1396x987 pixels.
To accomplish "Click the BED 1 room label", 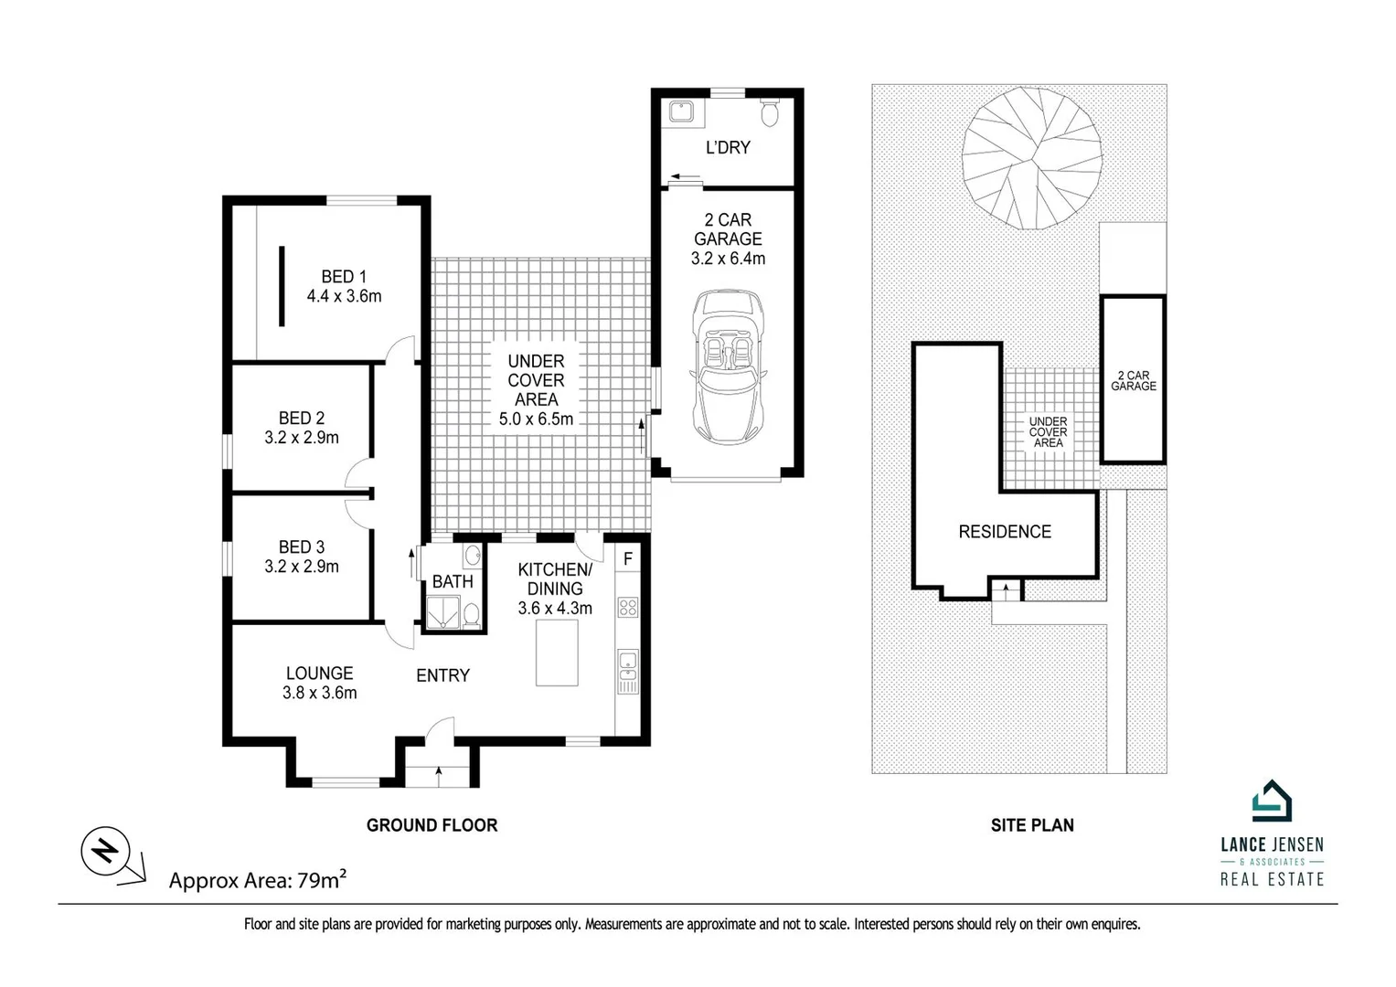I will pyautogui.click(x=343, y=276).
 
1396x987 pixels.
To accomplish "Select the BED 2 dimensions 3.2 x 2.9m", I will pyautogui.click(x=302, y=438).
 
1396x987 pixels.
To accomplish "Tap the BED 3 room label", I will pyautogui.click(x=301, y=547).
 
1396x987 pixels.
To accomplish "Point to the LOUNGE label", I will pyautogui.click(x=318, y=673).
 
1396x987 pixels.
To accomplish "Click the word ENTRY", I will pyautogui.click(x=442, y=675).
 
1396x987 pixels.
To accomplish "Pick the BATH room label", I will pyautogui.click(x=453, y=581).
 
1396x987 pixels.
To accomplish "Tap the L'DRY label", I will pyautogui.click(x=728, y=147).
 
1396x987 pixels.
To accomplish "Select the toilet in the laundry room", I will pyautogui.click(x=770, y=112).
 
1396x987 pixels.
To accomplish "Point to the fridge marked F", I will pyautogui.click(x=628, y=557).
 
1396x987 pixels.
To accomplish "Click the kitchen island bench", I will pyautogui.click(x=557, y=652).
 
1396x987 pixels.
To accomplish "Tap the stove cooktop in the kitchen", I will pyautogui.click(x=628, y=607).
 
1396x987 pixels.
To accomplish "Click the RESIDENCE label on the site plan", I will pyautogui.click(x=1004, y=532).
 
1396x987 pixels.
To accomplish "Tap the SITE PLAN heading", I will pyautogui.click(x=1032, y=825).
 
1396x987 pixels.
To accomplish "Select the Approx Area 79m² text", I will pyautogui.click(x=258, y=880).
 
